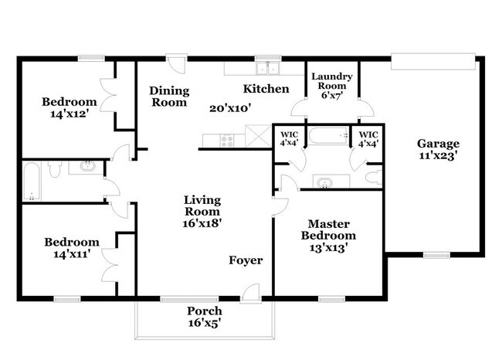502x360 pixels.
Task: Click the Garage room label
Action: point(438,144)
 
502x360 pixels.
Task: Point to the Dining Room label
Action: point(168,96)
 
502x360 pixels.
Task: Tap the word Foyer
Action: point(246,260)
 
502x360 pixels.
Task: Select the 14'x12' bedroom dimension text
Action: point(70,114)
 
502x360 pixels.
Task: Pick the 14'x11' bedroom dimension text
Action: point(70,253)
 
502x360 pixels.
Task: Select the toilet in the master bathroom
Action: point(373,178)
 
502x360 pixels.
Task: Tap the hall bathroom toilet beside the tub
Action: point(56,168)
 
